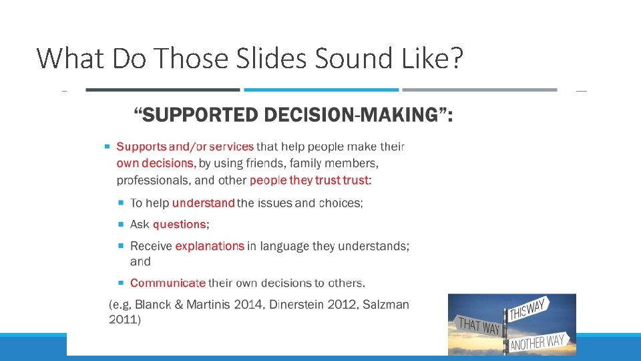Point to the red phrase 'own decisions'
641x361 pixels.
(155, 163)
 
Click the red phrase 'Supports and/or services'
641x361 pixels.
(185, 146)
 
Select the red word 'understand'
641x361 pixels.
(203, 203)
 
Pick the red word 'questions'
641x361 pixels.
(179, 225)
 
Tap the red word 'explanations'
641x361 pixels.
(210, 246)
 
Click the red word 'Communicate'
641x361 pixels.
(168, 283)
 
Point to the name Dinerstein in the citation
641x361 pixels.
(298, 305)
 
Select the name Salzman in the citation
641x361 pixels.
(385, 305)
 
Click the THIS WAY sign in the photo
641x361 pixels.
(528, 310)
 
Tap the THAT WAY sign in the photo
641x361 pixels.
(479, 327)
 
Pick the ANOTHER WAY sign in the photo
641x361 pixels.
(538, 343)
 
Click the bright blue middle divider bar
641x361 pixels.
(321, 90)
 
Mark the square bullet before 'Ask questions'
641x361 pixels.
(122, 225)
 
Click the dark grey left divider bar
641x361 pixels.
(162, 90)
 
